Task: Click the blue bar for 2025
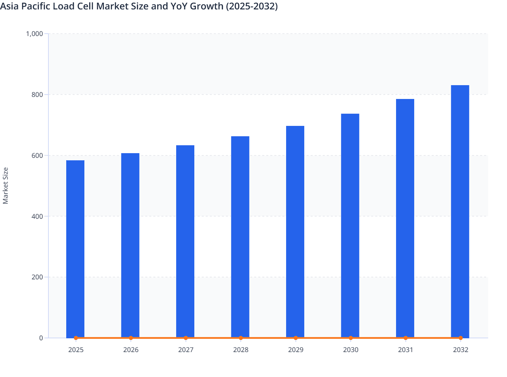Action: click(75, 249)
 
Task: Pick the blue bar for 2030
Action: click(350, 226)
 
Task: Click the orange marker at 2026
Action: click(131, 338)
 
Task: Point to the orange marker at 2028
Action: click(241, 338)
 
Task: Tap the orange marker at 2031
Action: click(405, 338)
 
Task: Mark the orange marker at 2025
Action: click(76, 338)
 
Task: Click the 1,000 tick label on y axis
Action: click(35, 34)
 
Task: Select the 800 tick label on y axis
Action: click(37, 95)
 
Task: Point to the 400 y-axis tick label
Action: click(37, 216)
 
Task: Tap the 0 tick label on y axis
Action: click(41, 338)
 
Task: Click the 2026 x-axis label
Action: click(131, 350)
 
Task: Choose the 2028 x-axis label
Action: click(241, 350)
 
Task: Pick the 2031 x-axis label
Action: click(405, 350)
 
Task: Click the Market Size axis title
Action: click(5, 185)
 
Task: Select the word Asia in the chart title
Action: click(9, 6)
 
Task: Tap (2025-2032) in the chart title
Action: click(252, 6)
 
